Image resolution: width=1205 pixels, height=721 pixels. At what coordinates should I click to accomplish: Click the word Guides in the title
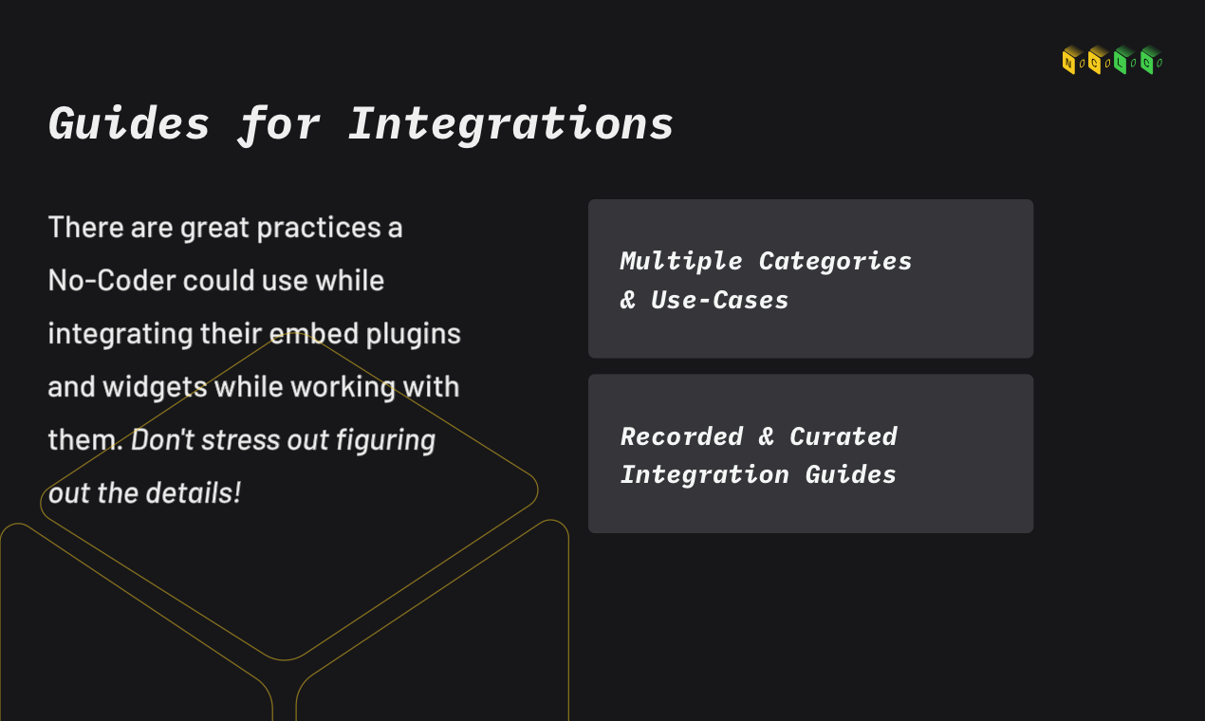coord(129,124)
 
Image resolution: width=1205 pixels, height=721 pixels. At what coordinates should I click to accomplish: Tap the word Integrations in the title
coord(510,124)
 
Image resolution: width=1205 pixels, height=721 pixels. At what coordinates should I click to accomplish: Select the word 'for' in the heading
coord(279,124)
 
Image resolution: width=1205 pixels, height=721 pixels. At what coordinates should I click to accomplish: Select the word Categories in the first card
coord(835,261)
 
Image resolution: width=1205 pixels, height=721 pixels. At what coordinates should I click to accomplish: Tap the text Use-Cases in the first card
coord(719,301)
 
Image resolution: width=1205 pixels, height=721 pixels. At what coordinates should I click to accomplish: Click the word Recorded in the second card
coord(681,436)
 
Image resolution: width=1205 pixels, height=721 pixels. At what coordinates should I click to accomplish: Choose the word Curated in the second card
coord(843,436)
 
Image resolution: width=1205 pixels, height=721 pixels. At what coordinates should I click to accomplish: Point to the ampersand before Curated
coord(766,436)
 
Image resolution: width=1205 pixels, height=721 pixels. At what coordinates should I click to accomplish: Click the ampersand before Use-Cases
coord(628,301)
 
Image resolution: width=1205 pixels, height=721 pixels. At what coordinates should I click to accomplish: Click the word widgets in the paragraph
coord(154,387)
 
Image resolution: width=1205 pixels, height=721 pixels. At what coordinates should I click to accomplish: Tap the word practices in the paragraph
coord(301,228)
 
